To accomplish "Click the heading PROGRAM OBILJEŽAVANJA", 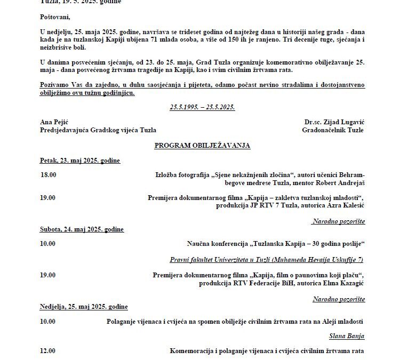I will coord(202,145).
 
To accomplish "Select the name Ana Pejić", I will coord(54,122).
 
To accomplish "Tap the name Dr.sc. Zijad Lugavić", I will coord(334,122).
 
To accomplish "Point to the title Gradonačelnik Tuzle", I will coord(333,130).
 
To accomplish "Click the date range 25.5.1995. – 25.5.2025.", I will coord(202,107).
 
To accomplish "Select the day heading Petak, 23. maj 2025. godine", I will coord(79,160).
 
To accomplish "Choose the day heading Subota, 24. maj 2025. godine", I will coord(82,229).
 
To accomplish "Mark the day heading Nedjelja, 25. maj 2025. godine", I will coord(84,307).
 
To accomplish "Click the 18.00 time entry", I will coord(48,174).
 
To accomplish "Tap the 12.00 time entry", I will coord(48,351).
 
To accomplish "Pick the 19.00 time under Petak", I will coord(48,197).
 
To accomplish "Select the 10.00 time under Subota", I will coord(48,244).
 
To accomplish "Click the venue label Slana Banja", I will coord(347,336).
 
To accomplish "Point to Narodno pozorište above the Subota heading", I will coord(339,221).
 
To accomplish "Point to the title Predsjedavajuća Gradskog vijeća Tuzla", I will coord(98,130).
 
